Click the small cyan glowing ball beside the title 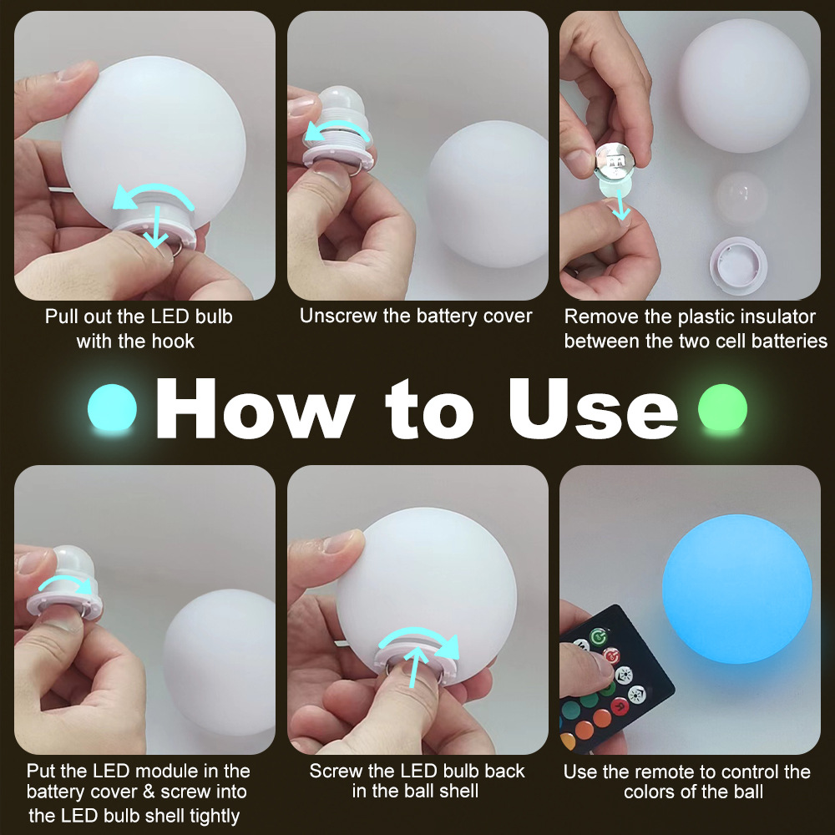click(x=112, y=408)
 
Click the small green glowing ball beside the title click(x=722, y=408)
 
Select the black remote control click(x=615, y=676)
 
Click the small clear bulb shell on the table click(x=741, y=196)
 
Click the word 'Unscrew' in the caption click(x=336, y=316)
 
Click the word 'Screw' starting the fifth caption click(x=336, y=771)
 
